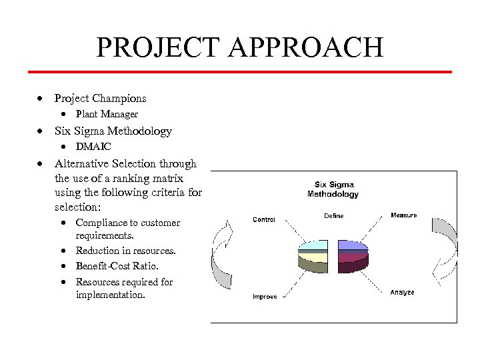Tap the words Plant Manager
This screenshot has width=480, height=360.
point(107,115)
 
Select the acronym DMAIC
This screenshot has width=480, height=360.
point(93,147)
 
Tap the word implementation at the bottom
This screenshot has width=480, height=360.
point(110,293)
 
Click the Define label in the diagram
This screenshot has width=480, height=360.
point(334,216)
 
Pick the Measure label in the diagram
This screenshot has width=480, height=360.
point(403,215)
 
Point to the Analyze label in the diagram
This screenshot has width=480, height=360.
point(403,292)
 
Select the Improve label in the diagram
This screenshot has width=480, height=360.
point(265,297)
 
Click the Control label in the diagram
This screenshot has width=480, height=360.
point(264,219)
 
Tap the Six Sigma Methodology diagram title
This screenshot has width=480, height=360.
point(333,189)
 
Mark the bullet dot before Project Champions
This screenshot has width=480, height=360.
point(41,99)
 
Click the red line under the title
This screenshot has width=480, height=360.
point(240,71)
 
